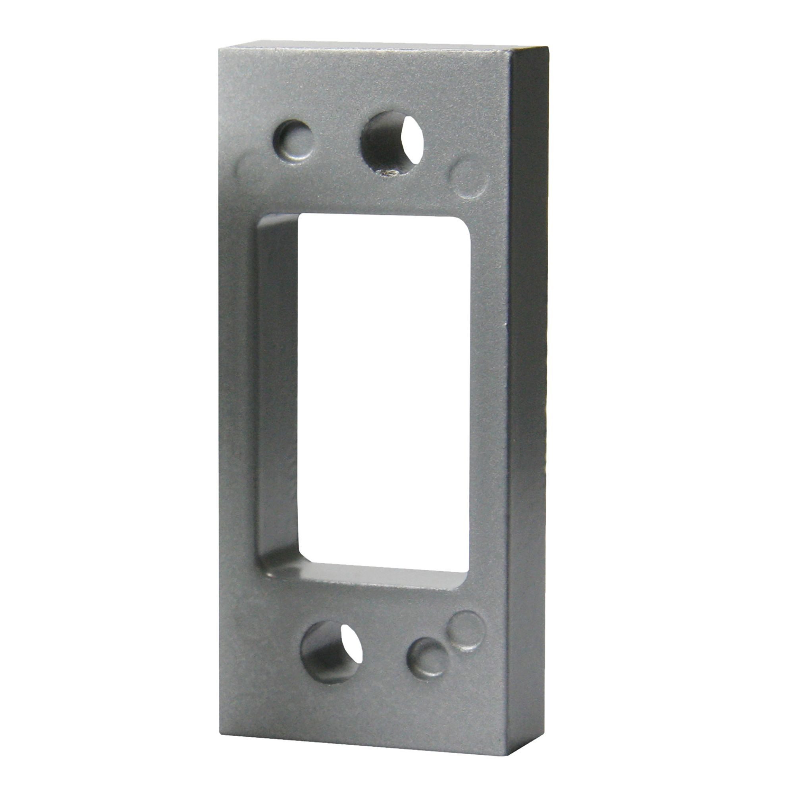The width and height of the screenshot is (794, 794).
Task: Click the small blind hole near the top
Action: (293, 141)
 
